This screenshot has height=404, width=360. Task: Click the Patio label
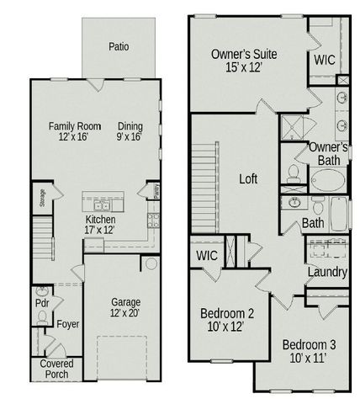[x=119, y=47]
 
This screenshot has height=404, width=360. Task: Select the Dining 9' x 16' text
[x=130, y=131]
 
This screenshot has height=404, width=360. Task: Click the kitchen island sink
[x=101, y=205]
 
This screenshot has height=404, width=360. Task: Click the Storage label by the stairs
[x=41, y=199]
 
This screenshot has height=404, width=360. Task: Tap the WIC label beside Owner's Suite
[x=325, y=61]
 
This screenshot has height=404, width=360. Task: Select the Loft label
[x=248, y=178]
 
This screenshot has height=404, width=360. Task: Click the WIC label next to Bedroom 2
[x=207, y=254]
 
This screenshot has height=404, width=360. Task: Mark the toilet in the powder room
[x=42, y=318]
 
